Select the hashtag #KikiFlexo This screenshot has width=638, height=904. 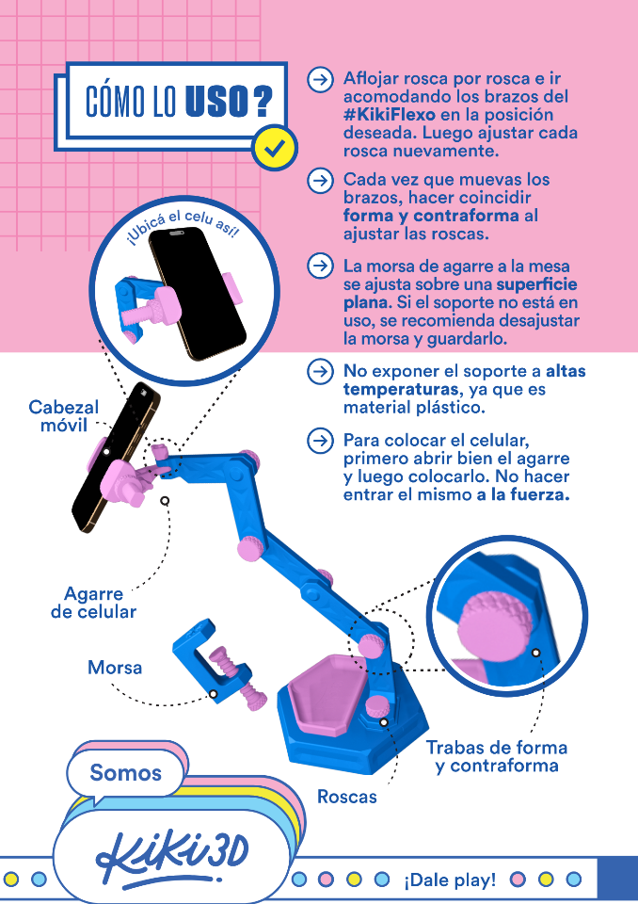coord(389,115)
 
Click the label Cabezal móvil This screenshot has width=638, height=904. coord(63,416)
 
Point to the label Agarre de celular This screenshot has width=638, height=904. coord(93,603)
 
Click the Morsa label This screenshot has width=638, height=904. coord(115,668)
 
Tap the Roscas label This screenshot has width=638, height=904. coord(346,797)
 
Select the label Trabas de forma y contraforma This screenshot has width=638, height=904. coord(496,756)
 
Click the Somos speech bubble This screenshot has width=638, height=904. coord(126,773)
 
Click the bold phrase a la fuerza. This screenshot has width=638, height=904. coord(523,495)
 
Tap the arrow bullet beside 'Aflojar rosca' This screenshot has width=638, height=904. coord(320,79)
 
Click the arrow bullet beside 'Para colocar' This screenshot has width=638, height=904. coord(320,440)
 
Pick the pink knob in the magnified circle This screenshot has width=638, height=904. coord(493,625)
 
